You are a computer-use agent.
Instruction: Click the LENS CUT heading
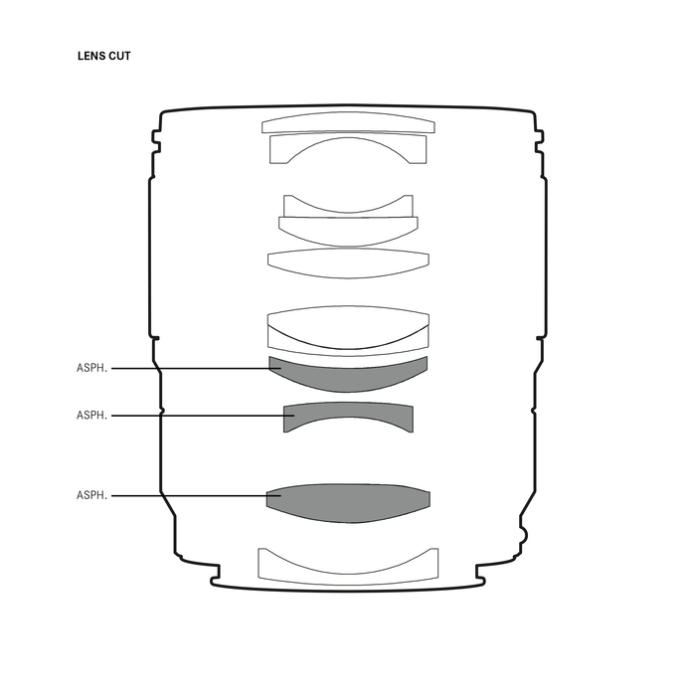click(103, 56)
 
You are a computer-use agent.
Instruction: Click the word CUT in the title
click(119, 56)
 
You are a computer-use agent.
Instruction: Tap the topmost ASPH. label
click(91, 368)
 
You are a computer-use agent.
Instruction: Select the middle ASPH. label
click(91, 415)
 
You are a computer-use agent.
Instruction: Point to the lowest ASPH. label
click(91, 495)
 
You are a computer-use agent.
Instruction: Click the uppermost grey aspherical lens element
click(348, 378)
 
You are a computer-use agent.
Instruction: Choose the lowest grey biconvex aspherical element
click(348, 503)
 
